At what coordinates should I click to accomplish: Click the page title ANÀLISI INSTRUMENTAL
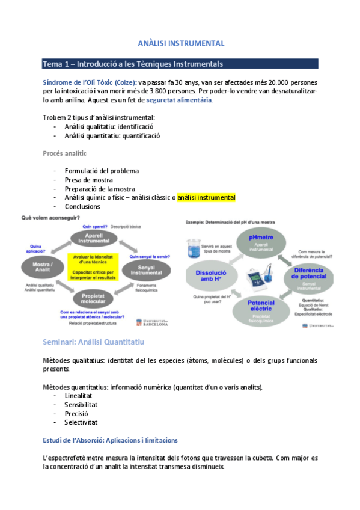(x=180, y=43)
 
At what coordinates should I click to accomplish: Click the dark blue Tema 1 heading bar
(x=180, y=64)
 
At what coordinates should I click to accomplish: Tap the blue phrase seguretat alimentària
(x=179, y=100)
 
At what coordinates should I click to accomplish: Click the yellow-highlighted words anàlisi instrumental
(x=206, y=197)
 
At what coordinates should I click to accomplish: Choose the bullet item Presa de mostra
(x=88, y=179)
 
